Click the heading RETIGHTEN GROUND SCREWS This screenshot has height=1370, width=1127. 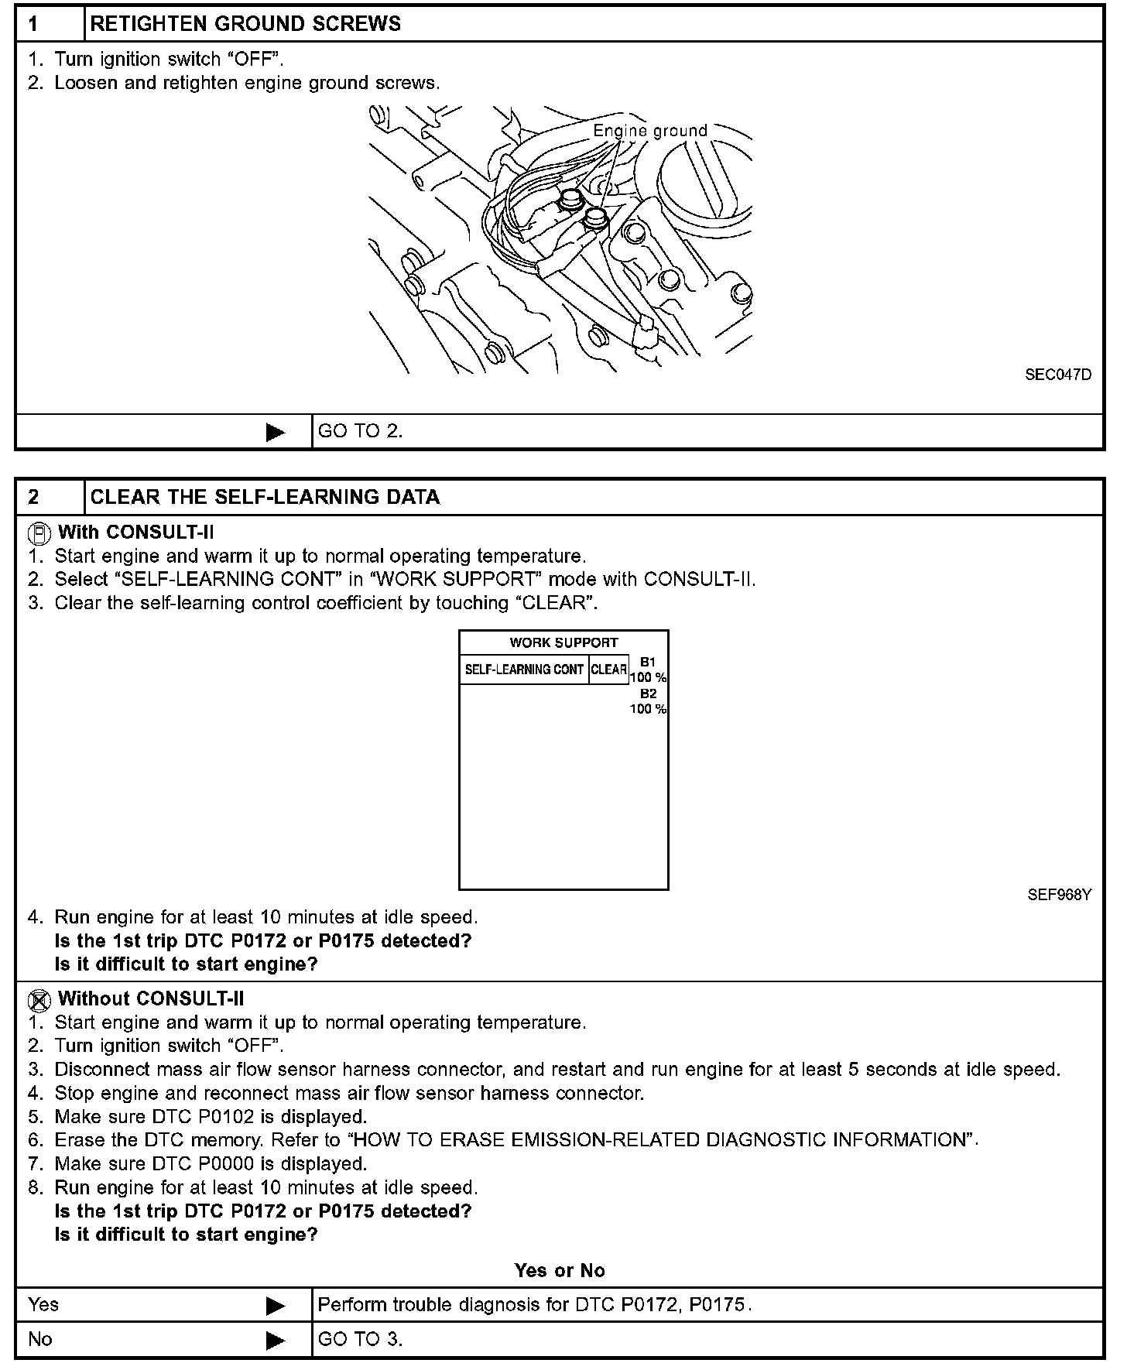coord(245,24)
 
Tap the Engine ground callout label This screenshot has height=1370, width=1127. coord(650,131)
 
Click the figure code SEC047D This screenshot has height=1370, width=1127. coord(1058,375)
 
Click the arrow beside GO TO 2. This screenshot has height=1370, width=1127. coord(275,432)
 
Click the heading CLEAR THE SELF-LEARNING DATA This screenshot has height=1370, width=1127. coord(265,497)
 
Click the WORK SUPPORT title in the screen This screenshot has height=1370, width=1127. coord(563,642)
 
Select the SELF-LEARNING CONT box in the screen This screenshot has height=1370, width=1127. coord(524,670)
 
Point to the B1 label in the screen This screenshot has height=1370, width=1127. coord(648,662)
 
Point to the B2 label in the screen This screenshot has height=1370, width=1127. coord(648,694)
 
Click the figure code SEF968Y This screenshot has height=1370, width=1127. coord(1059,895)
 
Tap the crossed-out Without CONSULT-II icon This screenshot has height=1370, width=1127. coord(39,1000)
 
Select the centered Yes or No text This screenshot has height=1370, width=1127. coord(560,1270)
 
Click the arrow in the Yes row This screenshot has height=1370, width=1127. coord(275,1306)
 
